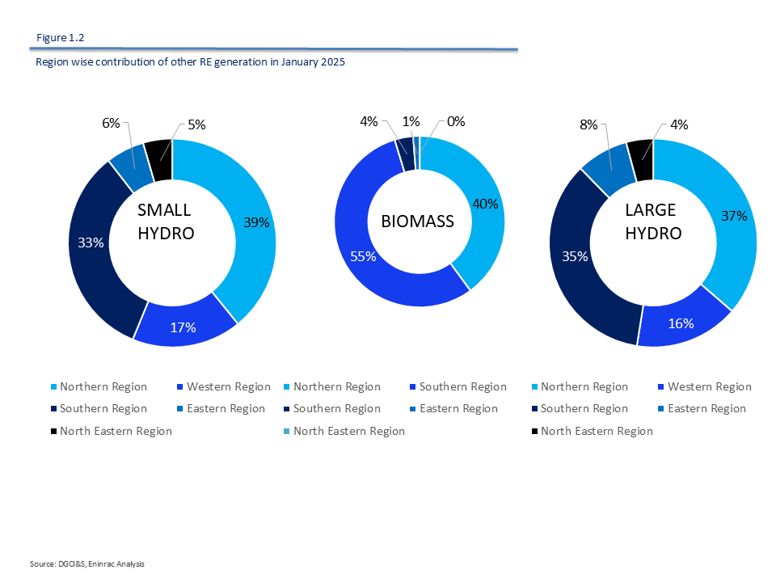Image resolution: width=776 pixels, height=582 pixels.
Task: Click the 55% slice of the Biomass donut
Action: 364,251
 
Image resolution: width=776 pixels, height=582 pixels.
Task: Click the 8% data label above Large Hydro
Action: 588,124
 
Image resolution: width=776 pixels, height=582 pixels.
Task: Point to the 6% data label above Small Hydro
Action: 111,123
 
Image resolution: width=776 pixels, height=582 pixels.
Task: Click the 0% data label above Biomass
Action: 456,121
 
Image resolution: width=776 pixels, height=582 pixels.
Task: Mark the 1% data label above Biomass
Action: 411,121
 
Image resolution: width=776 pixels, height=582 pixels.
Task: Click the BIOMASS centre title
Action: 419,221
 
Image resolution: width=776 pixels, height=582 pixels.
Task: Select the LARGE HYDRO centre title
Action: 653,221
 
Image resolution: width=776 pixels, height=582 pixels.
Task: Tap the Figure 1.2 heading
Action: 61,37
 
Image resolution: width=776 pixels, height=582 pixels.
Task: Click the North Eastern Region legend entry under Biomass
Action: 348,431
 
